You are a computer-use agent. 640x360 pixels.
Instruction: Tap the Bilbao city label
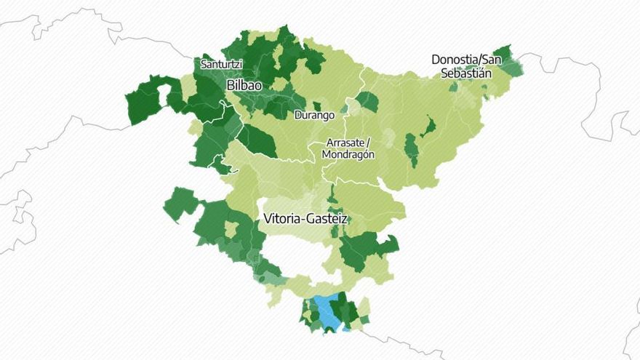pyautogui.click(x=244, y=85)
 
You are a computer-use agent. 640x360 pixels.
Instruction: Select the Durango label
pyautogui.click(x=314, y=115)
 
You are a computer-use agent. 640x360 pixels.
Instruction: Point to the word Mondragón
pyautogui.click(x=348, y=154)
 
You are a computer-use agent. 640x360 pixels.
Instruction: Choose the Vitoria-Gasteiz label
pyautogui.click(x=305, y=218)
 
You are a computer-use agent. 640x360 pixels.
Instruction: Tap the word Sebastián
pyautogui.click(x=465, y=73)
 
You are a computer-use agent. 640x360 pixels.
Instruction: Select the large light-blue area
pyautogui.click(x=329, y=313)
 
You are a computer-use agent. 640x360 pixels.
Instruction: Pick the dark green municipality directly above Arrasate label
pyautogui.click(x=367, y=102)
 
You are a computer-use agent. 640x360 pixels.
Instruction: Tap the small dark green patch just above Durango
pyautogui.click(x=316, y=106)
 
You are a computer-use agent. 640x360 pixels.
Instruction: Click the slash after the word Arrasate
pyautogui.click(x=369, y=143)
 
